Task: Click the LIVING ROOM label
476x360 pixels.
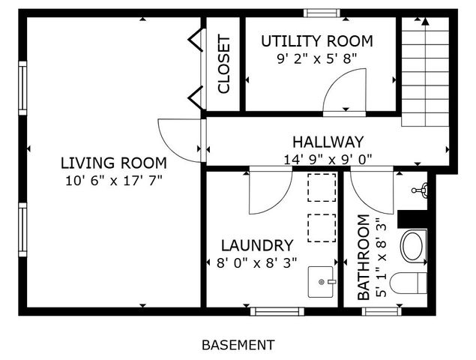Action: (113, 163)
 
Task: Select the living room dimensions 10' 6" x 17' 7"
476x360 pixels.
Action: (113, 180)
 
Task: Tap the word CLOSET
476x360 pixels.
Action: (223, 64)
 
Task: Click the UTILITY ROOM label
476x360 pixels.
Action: (316, 40)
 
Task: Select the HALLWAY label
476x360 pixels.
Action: (328, 142)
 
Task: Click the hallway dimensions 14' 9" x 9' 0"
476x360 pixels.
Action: (328, 158)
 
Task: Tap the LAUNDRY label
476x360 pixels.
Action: (256, 245)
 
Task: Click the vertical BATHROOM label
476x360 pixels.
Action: (364, 257)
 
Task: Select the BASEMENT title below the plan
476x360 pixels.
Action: (238, 345)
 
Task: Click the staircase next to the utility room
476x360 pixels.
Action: (425, 71)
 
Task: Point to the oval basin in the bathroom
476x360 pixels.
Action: (413, 246)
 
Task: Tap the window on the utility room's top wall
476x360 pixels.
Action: (320, 12)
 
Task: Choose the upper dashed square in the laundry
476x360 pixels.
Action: (322, 187)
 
